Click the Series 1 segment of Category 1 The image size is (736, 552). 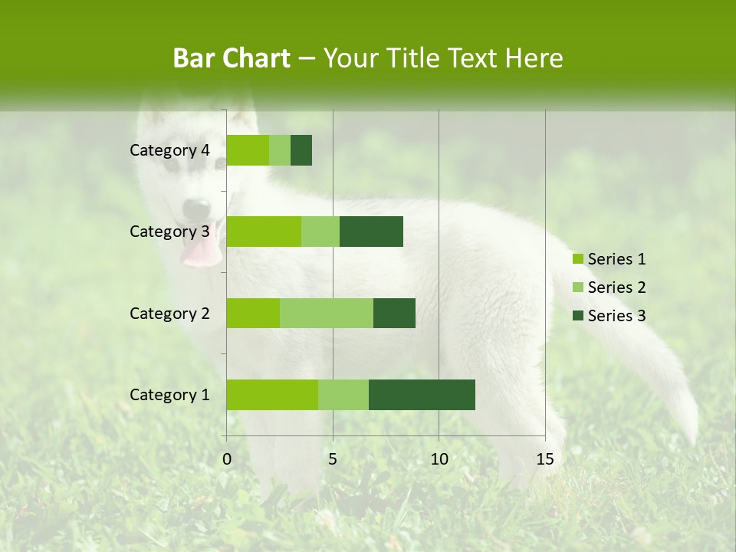point(271,394)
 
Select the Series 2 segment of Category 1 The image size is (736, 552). point(343,394)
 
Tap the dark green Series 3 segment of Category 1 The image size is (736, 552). point(422,394)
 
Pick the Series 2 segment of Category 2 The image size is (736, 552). point(326,313)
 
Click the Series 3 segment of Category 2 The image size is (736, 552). point(394,313)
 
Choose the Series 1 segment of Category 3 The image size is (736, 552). point(263,232)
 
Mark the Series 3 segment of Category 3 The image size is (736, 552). point(371,232)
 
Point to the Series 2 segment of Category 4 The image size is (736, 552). point(279,150)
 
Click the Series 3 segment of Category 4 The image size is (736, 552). point(301,150)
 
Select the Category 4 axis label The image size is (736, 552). point(169,150)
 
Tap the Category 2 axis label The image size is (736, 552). point(169,313)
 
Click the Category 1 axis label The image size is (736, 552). point(169,394)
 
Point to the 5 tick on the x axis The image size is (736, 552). point(333,459)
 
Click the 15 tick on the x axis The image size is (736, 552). point(544,459)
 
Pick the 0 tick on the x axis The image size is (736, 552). point(227,459)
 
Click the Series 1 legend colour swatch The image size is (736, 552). point(577,259)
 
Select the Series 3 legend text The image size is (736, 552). point(616,315)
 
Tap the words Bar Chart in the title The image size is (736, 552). point(232,58)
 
